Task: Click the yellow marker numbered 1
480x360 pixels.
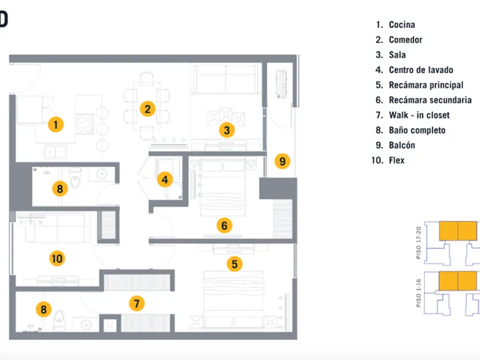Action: click(x=55, y=124)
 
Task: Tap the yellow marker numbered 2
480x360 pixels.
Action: click(x=147, y=108)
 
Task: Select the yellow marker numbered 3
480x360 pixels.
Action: click(x=227, y=130)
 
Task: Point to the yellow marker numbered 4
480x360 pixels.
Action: click(x=165, y=179)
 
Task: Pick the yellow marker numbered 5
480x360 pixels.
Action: click(x=234, y=263)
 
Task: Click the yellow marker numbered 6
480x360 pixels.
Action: click(x=224, y=226)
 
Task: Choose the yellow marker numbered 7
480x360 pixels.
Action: click(x=136, y=303)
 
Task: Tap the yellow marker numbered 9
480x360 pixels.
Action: click(x=282, y=161)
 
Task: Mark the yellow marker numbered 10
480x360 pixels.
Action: click(x=57, y=258)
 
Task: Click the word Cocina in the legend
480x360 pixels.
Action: click(x=402, y=25)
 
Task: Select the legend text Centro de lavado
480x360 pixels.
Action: click(x=421, y=70)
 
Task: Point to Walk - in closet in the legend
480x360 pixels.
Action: click(x=419, y=115)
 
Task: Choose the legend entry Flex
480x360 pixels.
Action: click(x=397, y=161)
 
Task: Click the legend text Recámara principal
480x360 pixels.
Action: click(x=426, y=85)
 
